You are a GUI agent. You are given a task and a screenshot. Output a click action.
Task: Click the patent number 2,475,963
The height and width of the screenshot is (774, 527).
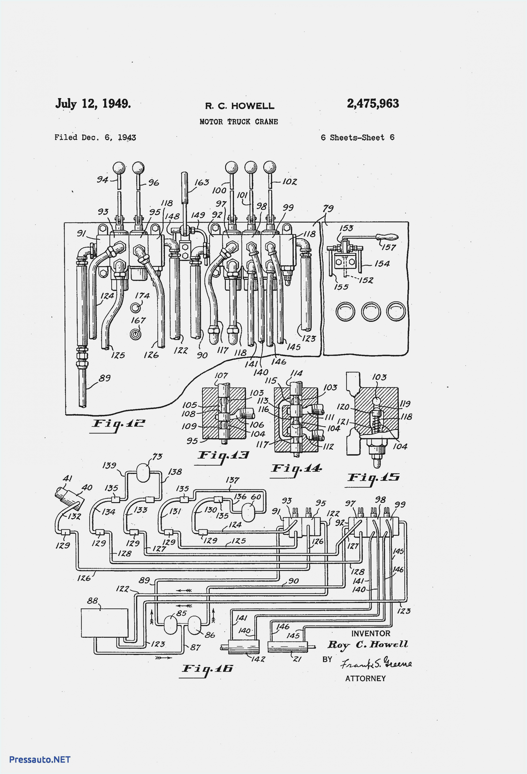coord(373,104)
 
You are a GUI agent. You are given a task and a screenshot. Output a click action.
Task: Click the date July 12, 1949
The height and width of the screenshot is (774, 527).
coord(93,104)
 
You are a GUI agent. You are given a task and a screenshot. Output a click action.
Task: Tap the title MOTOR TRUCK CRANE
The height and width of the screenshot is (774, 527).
coord(238,122)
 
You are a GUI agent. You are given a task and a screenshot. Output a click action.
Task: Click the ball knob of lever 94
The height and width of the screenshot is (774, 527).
coord(119,168)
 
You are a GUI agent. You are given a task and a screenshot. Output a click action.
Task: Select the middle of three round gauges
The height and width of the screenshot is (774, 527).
coord(371,311)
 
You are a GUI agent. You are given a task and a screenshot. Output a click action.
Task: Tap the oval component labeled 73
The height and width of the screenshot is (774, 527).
coord(144,473)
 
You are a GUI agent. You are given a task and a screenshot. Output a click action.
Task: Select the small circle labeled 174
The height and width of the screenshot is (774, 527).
coord(135,307)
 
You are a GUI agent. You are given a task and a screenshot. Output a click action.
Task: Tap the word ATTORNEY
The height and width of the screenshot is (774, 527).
coord(365,678)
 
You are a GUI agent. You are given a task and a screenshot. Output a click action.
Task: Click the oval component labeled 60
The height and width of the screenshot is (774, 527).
coord(248,513)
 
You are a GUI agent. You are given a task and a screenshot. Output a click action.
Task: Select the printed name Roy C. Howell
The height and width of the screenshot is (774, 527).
coord(368,645)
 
